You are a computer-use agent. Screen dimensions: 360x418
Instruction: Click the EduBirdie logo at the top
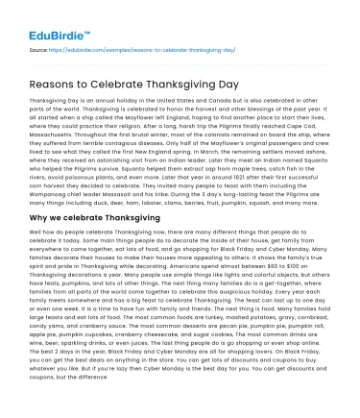click(46, 19)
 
